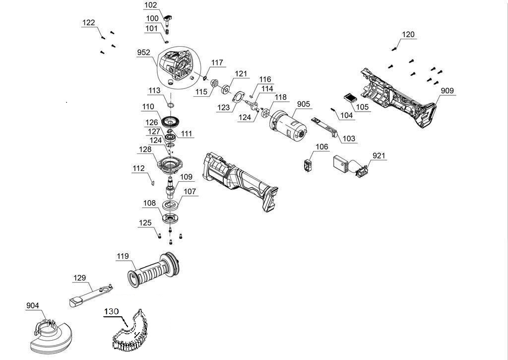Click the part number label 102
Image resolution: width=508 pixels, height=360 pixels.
tap(150, 5)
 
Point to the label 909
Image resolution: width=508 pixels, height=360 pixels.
tap(447, 91)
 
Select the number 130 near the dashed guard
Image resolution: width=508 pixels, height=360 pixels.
tap(112, 311)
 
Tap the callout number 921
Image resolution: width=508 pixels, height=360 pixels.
tap(379, 156)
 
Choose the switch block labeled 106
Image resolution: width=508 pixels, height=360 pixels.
tap(308, 165)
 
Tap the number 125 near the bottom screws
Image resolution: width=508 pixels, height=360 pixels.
tap(145, 223)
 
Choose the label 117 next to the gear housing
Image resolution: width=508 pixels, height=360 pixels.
tap(217, 63)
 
